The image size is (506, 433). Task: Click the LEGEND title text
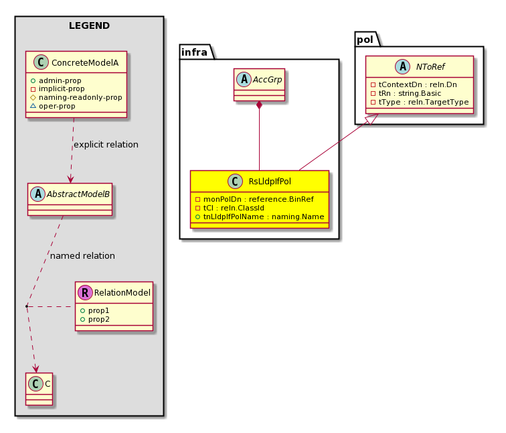tap(90, 25)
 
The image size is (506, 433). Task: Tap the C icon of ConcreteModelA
tap(41, 62)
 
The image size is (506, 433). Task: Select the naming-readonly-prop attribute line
tap(76, 97)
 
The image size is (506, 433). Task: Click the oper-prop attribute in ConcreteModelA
tap(53, 106)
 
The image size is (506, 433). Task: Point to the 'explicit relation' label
tap(106, 144)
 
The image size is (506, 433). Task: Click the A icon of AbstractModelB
tap(38, 194)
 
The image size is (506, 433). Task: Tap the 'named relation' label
tap(82, 255)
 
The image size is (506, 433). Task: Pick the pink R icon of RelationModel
tap(85, 292)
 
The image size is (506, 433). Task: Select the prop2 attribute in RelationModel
tap(95, 319)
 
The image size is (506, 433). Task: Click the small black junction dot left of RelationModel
tap(27, 306)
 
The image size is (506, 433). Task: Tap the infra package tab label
tap(194, 52)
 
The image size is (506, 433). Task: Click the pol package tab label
tap(365, 40)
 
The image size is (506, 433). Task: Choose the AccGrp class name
tap(267, 80)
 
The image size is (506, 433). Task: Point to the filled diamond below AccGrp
tap(259, 105)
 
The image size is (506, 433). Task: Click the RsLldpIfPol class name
tap(270, 181)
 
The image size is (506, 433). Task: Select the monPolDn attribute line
tap(254, 199)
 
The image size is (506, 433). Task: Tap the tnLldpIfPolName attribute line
tap(260, 216)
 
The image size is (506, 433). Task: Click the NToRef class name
tap(430, 67)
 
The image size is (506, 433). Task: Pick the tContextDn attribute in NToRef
tap(414, 84)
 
